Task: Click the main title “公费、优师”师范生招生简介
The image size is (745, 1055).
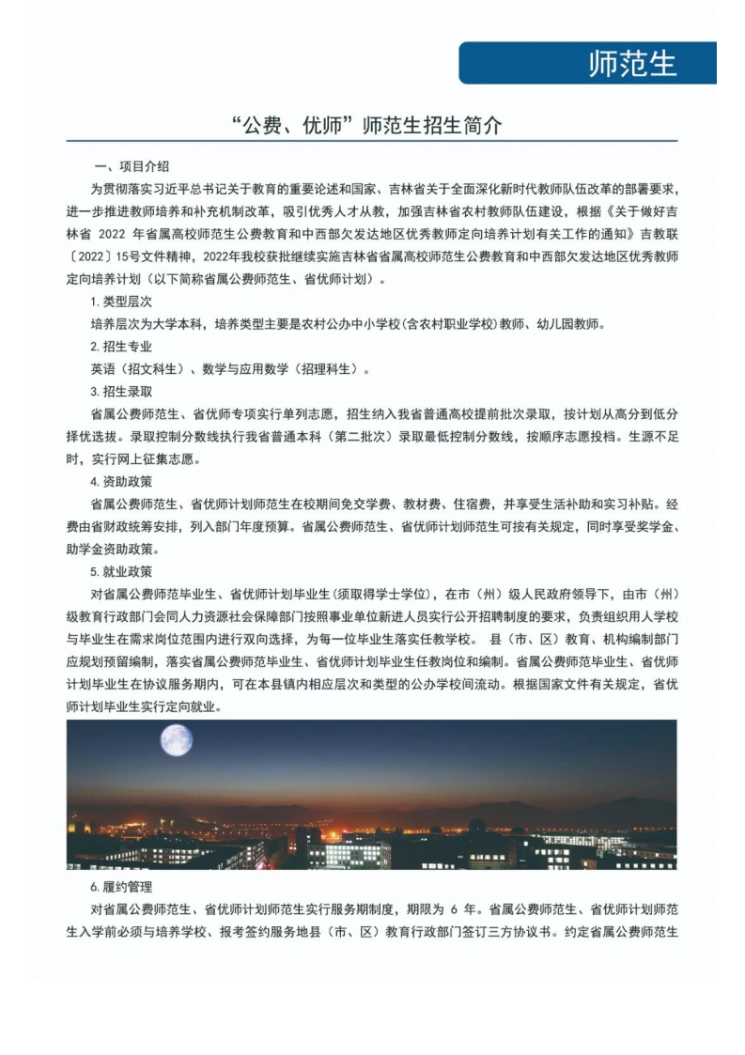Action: pos(372,125)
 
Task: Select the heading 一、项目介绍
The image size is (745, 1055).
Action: pos(132,165)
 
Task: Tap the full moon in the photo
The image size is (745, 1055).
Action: pos(176,739)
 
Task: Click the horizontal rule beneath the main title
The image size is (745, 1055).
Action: pos(372,143)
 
